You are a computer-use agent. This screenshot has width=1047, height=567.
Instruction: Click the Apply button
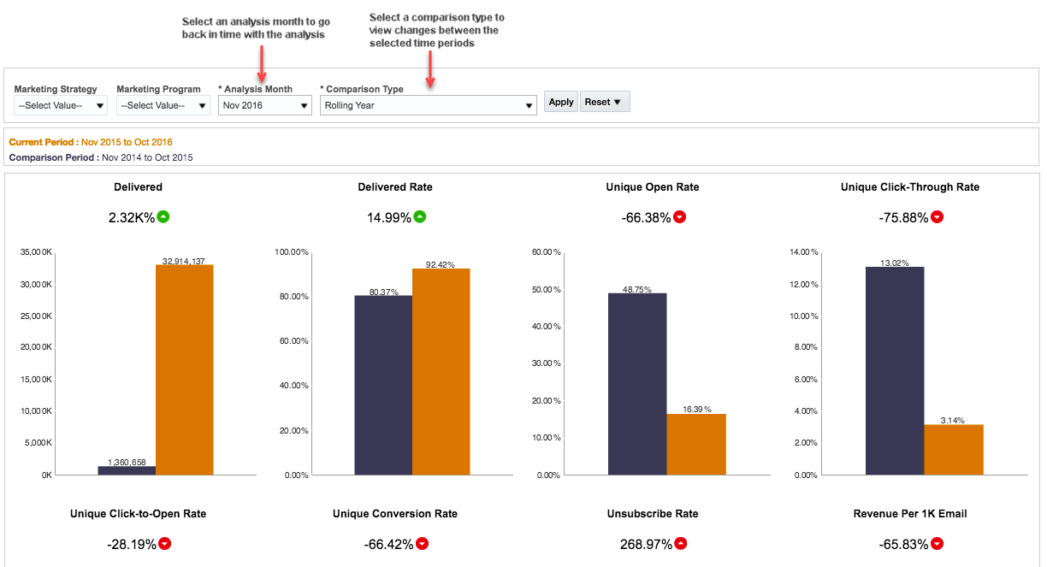pyautogui.click(x=561, y=102)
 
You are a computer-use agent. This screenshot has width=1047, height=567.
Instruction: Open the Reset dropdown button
pyautogui.click(x=605, y=102)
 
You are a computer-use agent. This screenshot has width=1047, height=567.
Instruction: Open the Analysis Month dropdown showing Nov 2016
pyautogui.click(x=264, y=105)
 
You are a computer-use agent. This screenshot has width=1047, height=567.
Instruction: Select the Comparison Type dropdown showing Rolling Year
pyautogui.click(x=428, y=105)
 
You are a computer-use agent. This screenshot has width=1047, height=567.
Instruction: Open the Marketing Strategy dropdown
pyautogui.click(x=61, y=105)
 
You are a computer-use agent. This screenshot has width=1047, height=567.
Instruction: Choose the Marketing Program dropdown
pyautogui.click(x=163, y=105)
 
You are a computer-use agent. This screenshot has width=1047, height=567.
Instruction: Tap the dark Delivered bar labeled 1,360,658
pyautogui.click(x=127, y=470)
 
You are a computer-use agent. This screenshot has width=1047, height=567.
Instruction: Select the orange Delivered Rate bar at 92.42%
pyautogui.click(x=441, y=371)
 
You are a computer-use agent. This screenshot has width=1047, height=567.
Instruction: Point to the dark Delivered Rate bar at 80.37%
pyautogui.click(x=383, y=385)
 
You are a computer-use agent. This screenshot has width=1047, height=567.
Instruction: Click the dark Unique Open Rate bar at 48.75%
pyautogui.click(x=637, y=384)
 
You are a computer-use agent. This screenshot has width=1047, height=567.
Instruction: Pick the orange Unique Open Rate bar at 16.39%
pyautogui.click(x=696, y=444)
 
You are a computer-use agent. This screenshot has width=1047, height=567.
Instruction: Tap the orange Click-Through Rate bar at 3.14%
pyautogui.click(x=954, y=449)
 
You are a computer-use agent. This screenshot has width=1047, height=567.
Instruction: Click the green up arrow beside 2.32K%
pyautogui.click(x=163, y=216)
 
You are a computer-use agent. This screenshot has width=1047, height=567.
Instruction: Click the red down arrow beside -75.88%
pyautogui.click(x=937, y=217)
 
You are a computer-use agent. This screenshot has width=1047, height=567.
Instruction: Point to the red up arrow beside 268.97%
pyautogui.click(x=680, y=544)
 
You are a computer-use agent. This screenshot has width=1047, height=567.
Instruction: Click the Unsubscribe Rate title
pyautogui.click(x=652, y=514)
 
